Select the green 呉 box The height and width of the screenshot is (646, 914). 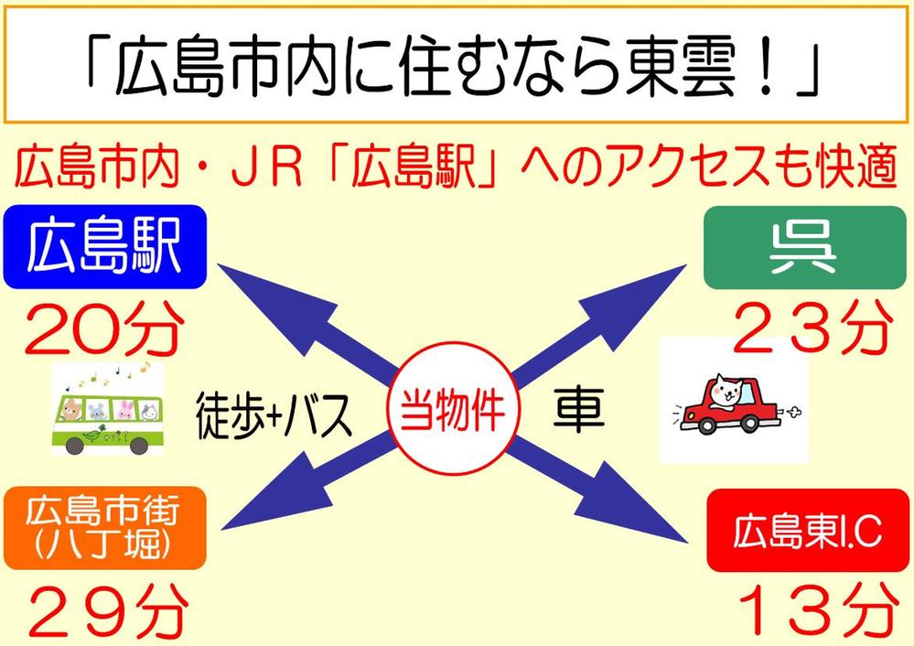pos(805,247)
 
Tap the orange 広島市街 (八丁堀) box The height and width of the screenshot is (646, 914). pos(104,528)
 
